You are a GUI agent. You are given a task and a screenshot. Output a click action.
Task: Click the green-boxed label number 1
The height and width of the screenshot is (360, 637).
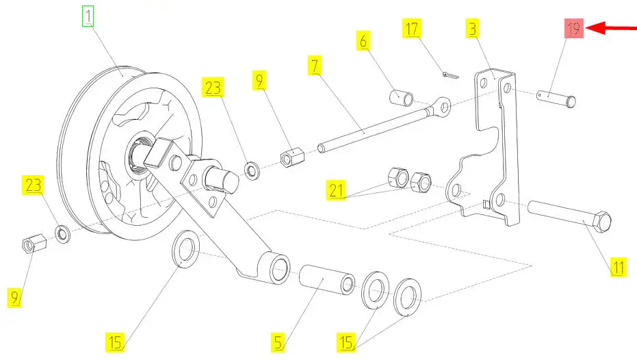point(88,16)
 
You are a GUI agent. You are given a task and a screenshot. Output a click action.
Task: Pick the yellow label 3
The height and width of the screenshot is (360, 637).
point(473,29)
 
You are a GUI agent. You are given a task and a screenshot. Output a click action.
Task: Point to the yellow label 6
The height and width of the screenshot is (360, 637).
point(363,40)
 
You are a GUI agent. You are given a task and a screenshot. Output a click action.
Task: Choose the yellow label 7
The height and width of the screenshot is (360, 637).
point(315,66)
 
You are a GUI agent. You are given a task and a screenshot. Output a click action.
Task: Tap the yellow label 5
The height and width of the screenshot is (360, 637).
point(277,341)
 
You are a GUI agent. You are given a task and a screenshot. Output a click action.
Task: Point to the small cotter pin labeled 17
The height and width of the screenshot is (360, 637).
point(445,73)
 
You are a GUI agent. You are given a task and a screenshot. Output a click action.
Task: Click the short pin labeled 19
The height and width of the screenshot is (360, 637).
point(557,97)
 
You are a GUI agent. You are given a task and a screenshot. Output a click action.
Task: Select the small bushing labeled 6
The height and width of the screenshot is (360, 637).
point(401,97)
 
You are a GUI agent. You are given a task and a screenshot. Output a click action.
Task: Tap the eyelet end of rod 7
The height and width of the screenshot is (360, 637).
point(443,106)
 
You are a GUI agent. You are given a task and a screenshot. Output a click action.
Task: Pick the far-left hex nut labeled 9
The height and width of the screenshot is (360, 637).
point(33,243)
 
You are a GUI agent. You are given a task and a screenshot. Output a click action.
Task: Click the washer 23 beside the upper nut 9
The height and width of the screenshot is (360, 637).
point(252,168)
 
